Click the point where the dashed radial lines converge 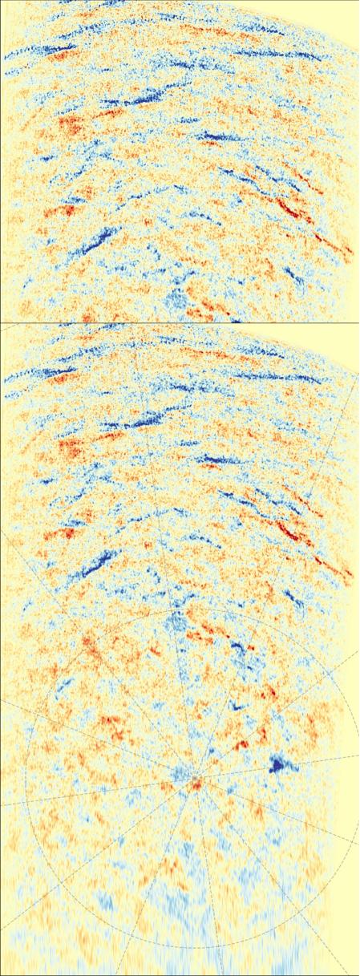click(x=192, y=779)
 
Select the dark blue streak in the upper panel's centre click(x=144, y=99)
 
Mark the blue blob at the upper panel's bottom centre click(x=175, y=301)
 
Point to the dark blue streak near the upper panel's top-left click(x=56, y=51)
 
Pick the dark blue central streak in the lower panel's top click(x=144, y=421)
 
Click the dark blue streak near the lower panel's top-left click(x=56, y=373)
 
